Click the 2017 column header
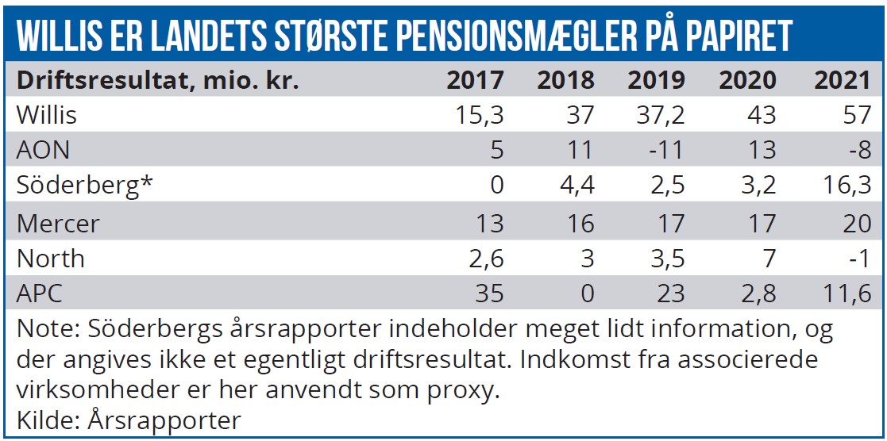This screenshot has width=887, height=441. pyautogui.click(x=475, y=81)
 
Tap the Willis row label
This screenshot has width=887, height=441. pyautogui.click(x=47, y=115)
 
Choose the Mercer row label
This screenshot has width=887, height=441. pyautogui.click(x=58, y=223)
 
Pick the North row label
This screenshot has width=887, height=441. pyautogui.click(x=50, y=259)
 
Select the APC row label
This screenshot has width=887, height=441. pyautogui.click(x=40, y=294)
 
